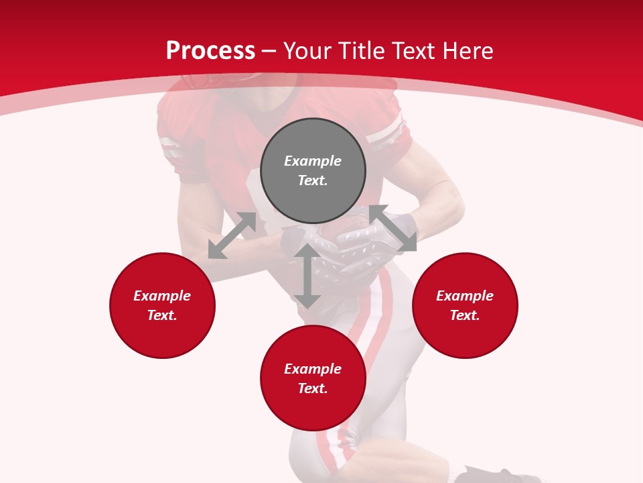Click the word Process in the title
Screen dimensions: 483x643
coord(210,51)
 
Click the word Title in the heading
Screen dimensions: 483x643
coord(359,51)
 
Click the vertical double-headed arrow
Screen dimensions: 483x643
coord(307,276)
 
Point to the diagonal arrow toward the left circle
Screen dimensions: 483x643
coord(232,235)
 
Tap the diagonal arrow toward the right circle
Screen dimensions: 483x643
coord(393,228)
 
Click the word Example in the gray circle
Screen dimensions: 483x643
coord(313,161)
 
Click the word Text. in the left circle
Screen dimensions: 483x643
coord(162,315)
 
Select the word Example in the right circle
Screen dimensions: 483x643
coord(465,296)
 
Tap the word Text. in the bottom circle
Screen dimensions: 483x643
coord(313,388)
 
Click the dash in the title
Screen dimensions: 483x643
coord(269,51)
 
